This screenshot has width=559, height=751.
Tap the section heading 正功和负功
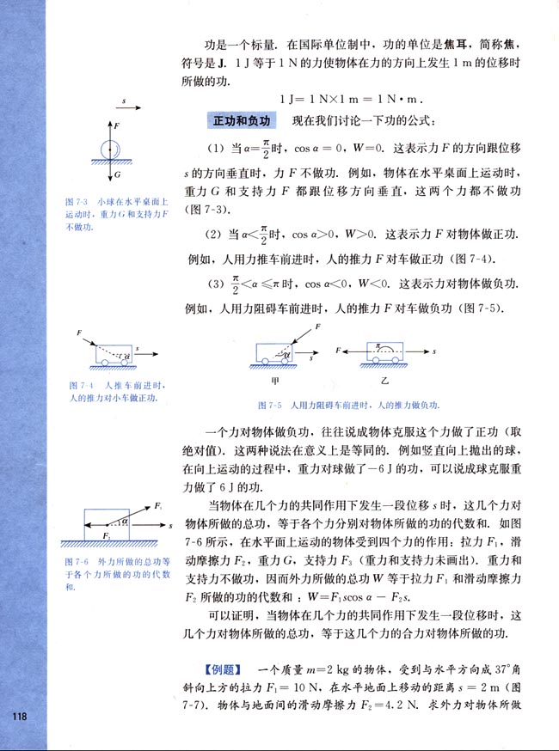[x=243, y=120]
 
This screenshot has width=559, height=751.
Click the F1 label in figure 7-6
[x=157, y=506]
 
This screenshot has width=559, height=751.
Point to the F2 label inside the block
[x=107, y=534]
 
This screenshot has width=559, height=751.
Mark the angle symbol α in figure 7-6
[x=126, y=520]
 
